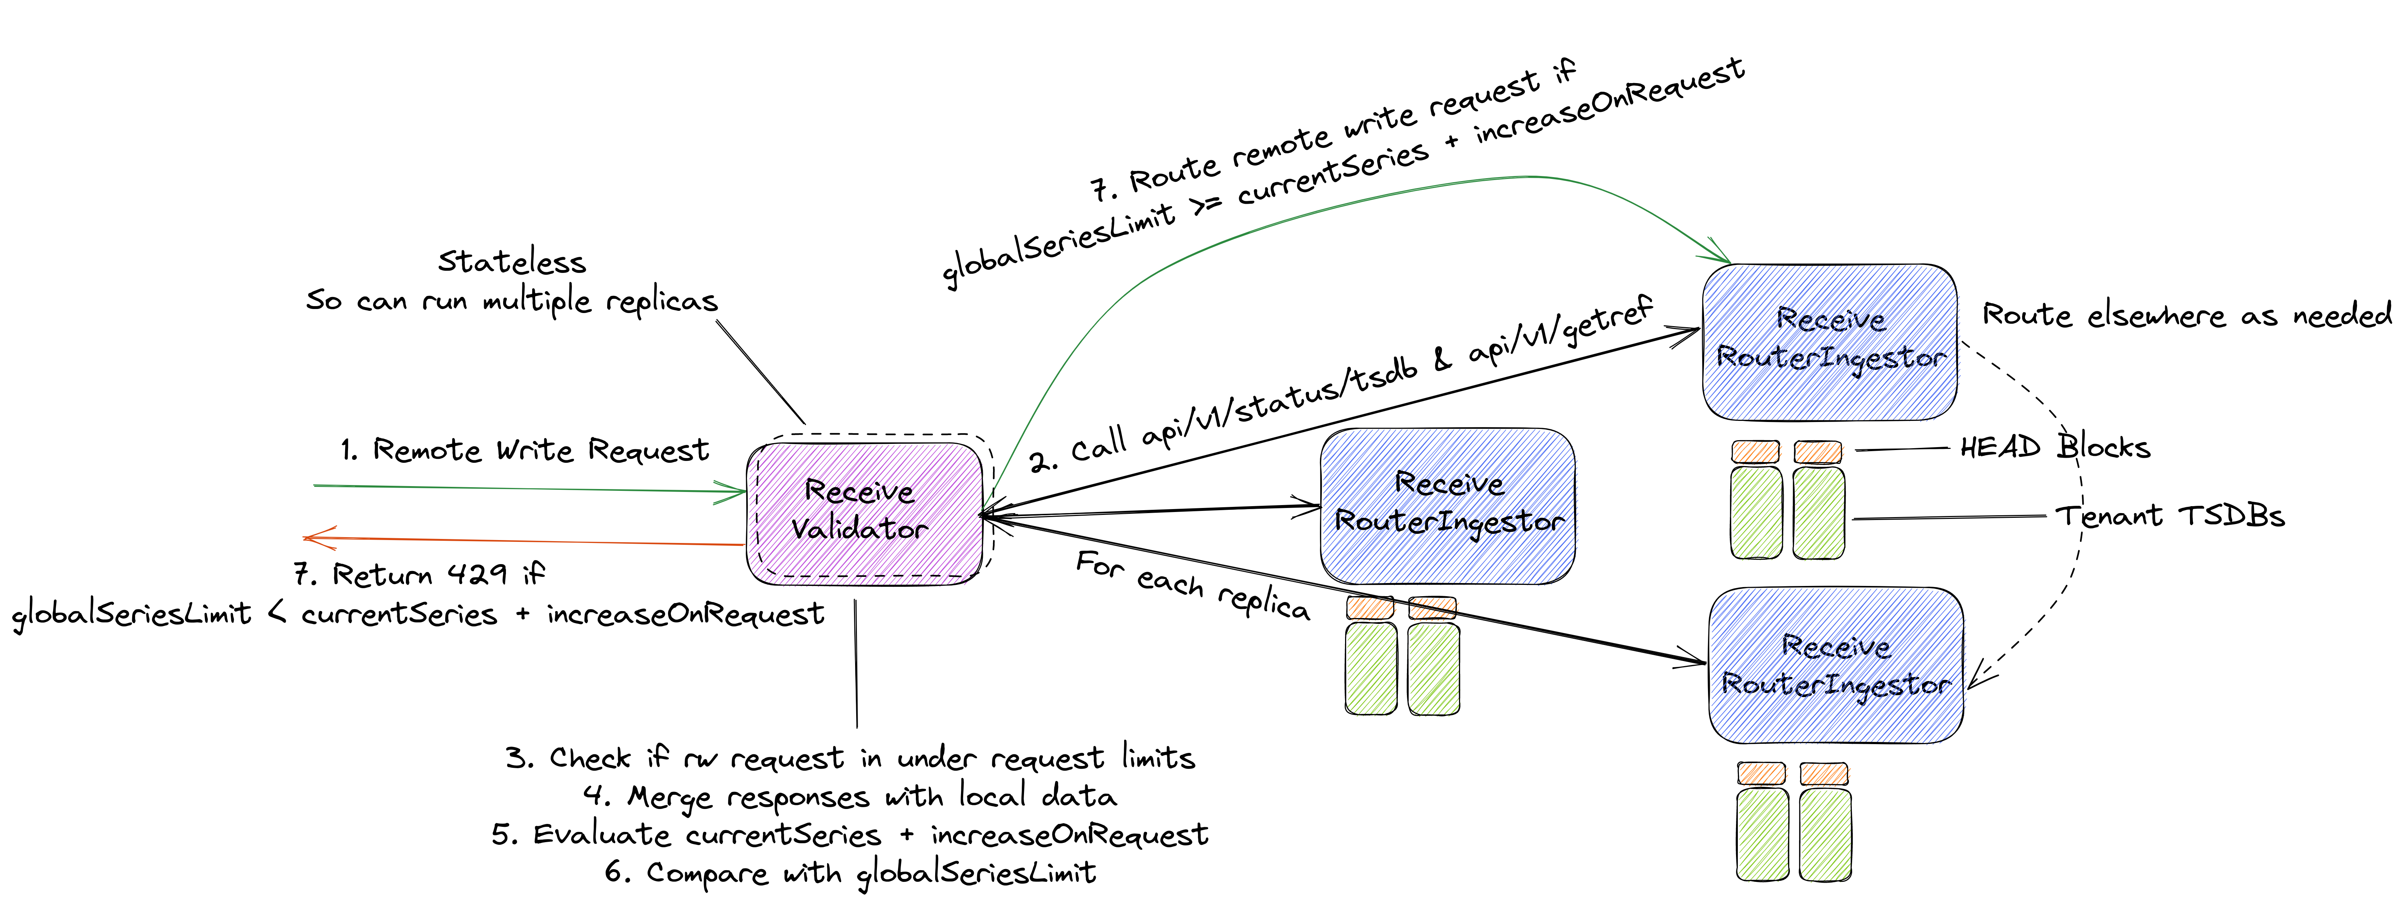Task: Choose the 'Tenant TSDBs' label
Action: pyautogui.click(x=2170, y=516)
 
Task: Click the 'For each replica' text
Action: pyautogui.click(x=1193, y=586)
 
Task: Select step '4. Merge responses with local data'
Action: pyautogui.click(x=849, y=797)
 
